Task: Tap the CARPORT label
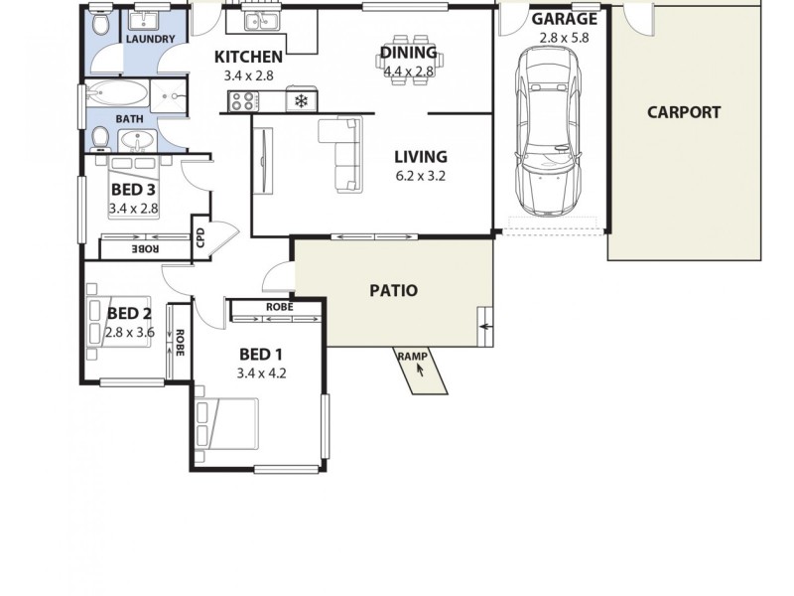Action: coord(684,112)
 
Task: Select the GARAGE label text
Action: coord(564,19)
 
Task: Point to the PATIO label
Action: coord(393,291)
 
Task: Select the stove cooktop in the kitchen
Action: coord(244,100)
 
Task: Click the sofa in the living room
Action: coord(340,153)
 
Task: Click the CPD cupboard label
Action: coord(200,237)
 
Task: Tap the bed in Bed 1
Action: coord(227,423)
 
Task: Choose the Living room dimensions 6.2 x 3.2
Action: coord(421,180)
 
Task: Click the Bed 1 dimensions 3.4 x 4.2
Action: coord(261,373)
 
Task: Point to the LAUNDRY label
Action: coord(151,40)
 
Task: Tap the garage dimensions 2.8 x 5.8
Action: coord(564,38)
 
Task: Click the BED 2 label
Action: coord(129,313)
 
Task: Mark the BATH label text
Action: coord(130,118)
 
